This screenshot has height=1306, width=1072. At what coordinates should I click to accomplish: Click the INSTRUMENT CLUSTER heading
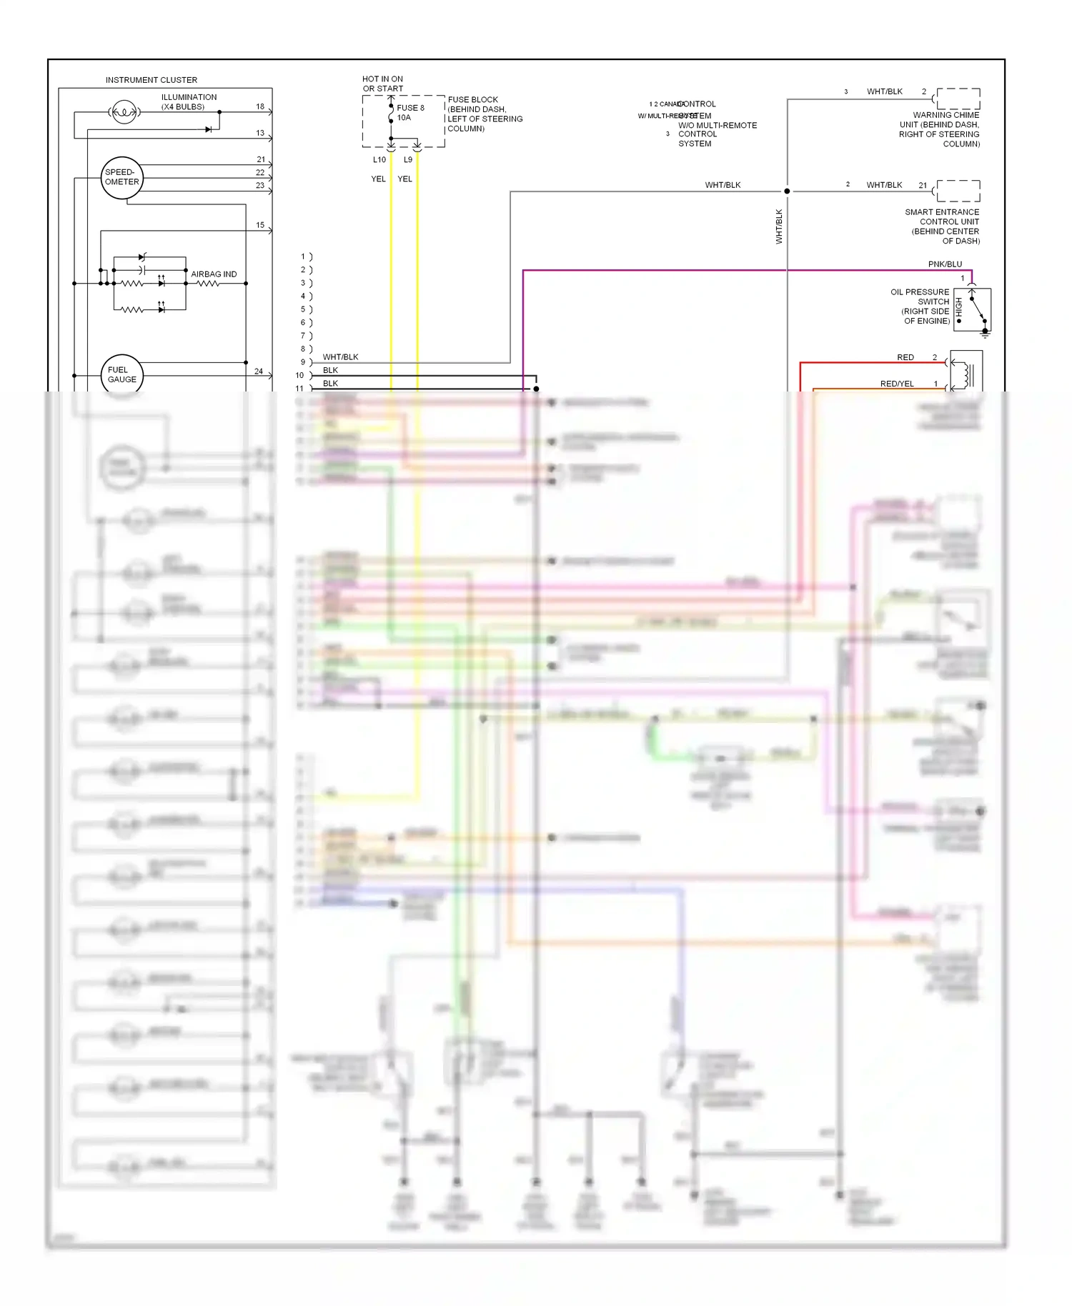[151, 80]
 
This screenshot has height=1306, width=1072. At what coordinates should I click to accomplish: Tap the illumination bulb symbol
[124, 112]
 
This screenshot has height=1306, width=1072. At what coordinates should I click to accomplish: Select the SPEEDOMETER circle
[122, 177]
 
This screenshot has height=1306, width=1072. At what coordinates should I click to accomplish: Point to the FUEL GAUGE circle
[122, 374]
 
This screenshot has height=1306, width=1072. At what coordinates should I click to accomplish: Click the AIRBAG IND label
[214, 274]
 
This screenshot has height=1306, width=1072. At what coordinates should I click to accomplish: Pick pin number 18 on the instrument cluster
[260, 106]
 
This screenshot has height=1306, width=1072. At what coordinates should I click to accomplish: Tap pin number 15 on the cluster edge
[260, 225]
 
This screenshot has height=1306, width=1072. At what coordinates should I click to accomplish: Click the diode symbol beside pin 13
[209, 129]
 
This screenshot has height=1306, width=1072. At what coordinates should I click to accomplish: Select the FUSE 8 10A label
[410, 113]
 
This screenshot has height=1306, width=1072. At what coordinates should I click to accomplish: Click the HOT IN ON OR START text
[382, 84]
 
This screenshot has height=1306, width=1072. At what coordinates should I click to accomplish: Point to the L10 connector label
[379, 160]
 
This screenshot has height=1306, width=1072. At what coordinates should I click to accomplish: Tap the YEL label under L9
[405, 179]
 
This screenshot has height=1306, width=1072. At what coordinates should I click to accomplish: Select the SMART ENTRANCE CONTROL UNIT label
[942, 226]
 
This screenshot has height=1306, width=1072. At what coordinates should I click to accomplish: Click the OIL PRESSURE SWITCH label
[920, 306]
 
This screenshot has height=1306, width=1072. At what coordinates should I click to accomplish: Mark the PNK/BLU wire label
[945, 264]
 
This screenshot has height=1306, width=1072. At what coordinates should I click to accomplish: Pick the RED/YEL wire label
[897, 384]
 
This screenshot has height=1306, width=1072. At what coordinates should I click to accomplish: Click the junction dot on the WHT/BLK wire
[787, 191]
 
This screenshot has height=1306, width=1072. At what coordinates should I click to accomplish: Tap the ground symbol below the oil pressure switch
[985, 333]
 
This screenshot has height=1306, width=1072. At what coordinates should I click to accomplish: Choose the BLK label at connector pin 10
[330, 370]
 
